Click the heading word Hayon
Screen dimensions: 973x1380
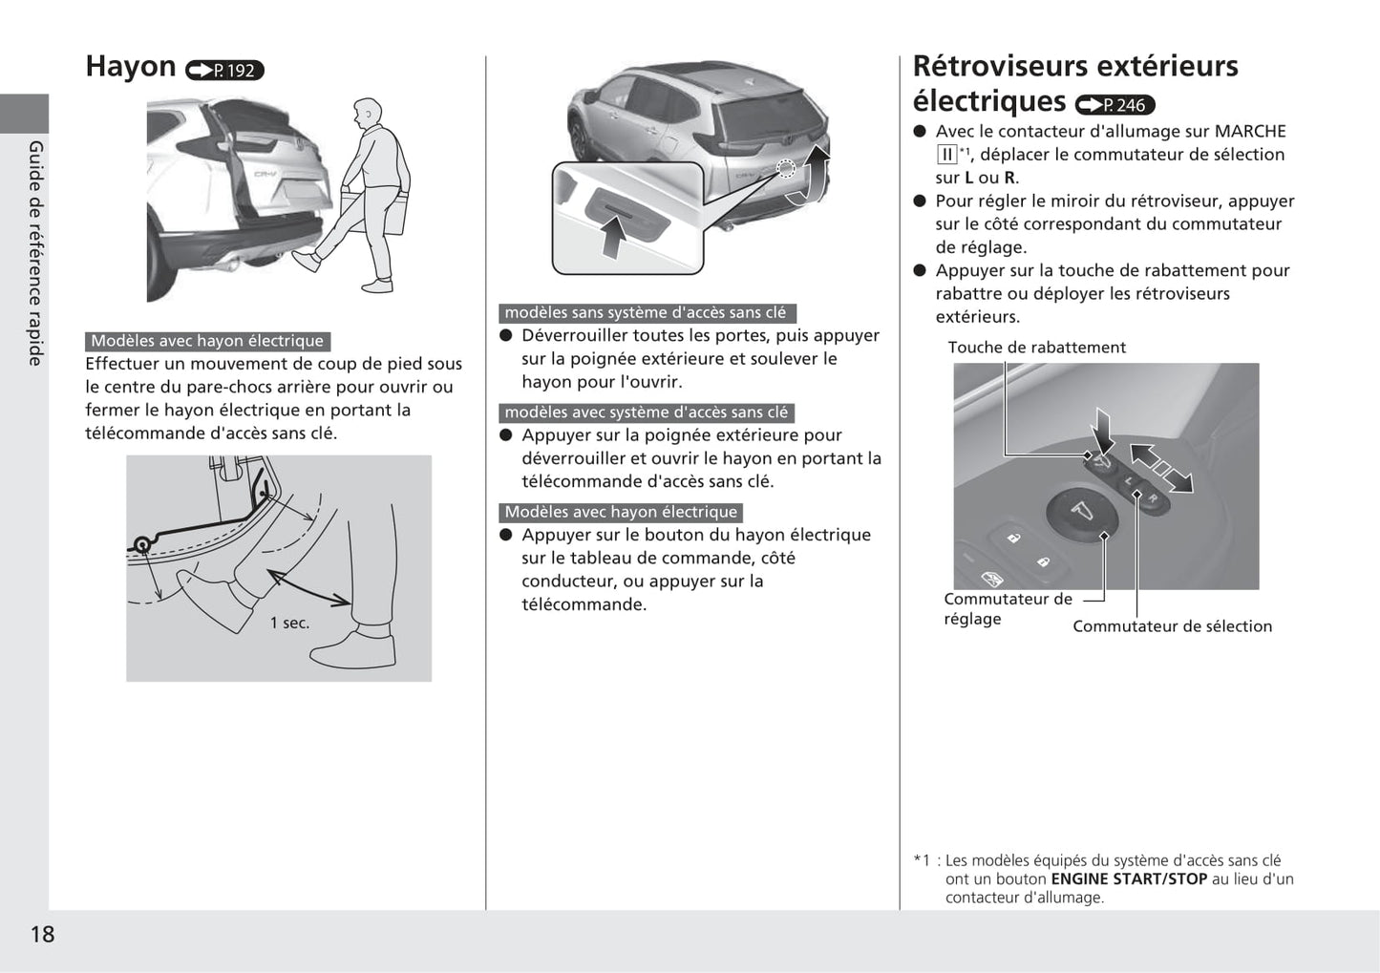click(131, 67)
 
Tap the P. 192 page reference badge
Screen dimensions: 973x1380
click(224, 71)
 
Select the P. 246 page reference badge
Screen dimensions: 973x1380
click(1115, 105)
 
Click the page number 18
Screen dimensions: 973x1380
click(43, 934)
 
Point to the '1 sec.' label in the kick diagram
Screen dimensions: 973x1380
click(289, 624)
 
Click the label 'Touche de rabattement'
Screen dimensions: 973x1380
click(1036, 348)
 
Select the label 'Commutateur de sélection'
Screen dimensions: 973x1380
click(1172, 626)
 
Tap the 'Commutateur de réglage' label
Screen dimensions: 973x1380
click(1008, 609)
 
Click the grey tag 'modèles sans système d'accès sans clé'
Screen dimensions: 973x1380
click(647, 313)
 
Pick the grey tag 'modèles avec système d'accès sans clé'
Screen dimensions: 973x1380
click(647, 412)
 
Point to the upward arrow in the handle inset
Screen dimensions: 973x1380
click(612, 236)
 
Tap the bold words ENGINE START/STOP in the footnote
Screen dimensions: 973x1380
click(1129, 879)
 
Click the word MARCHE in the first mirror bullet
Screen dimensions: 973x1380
click(1250, 132)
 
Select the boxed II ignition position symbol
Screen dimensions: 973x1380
click(946, 155)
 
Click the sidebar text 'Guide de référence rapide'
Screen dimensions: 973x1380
click(36, 253)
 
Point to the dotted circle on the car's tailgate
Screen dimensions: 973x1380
click(785, 170)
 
